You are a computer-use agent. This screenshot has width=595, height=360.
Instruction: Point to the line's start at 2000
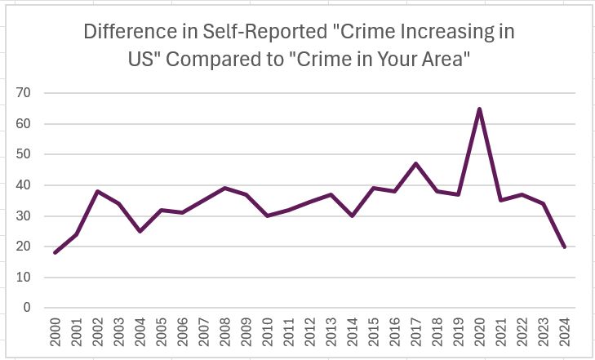click(55, 252)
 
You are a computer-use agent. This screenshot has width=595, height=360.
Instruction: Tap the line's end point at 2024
click(565, 247)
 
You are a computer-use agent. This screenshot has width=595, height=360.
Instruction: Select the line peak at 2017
click(416, 163)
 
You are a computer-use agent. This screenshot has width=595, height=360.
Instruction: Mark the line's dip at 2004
click(140, 231)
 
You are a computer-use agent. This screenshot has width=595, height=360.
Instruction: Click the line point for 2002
click(97, 191)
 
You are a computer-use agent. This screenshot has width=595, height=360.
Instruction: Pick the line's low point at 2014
click(352, 216)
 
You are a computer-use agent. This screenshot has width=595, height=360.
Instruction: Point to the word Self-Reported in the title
click(245, 33)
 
